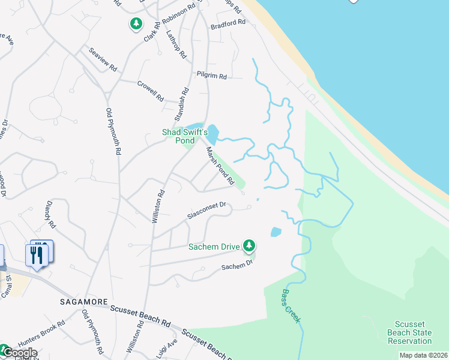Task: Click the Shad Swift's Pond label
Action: (x=185, y=136)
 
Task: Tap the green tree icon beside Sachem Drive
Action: (x=249, y=245)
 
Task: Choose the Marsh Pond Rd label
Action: (x=220, y=166)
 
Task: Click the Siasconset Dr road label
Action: (x=206, y=210)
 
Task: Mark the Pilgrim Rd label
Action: (x=211, y=76)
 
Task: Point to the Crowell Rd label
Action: (x=150, y=90)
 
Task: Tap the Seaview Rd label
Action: (x=102, y=60)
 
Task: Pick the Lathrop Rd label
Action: (x=176, y=44)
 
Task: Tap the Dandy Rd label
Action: (x=50, y=215)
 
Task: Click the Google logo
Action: (x=19, y=353)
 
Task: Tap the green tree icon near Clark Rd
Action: (x=136, y=24)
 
